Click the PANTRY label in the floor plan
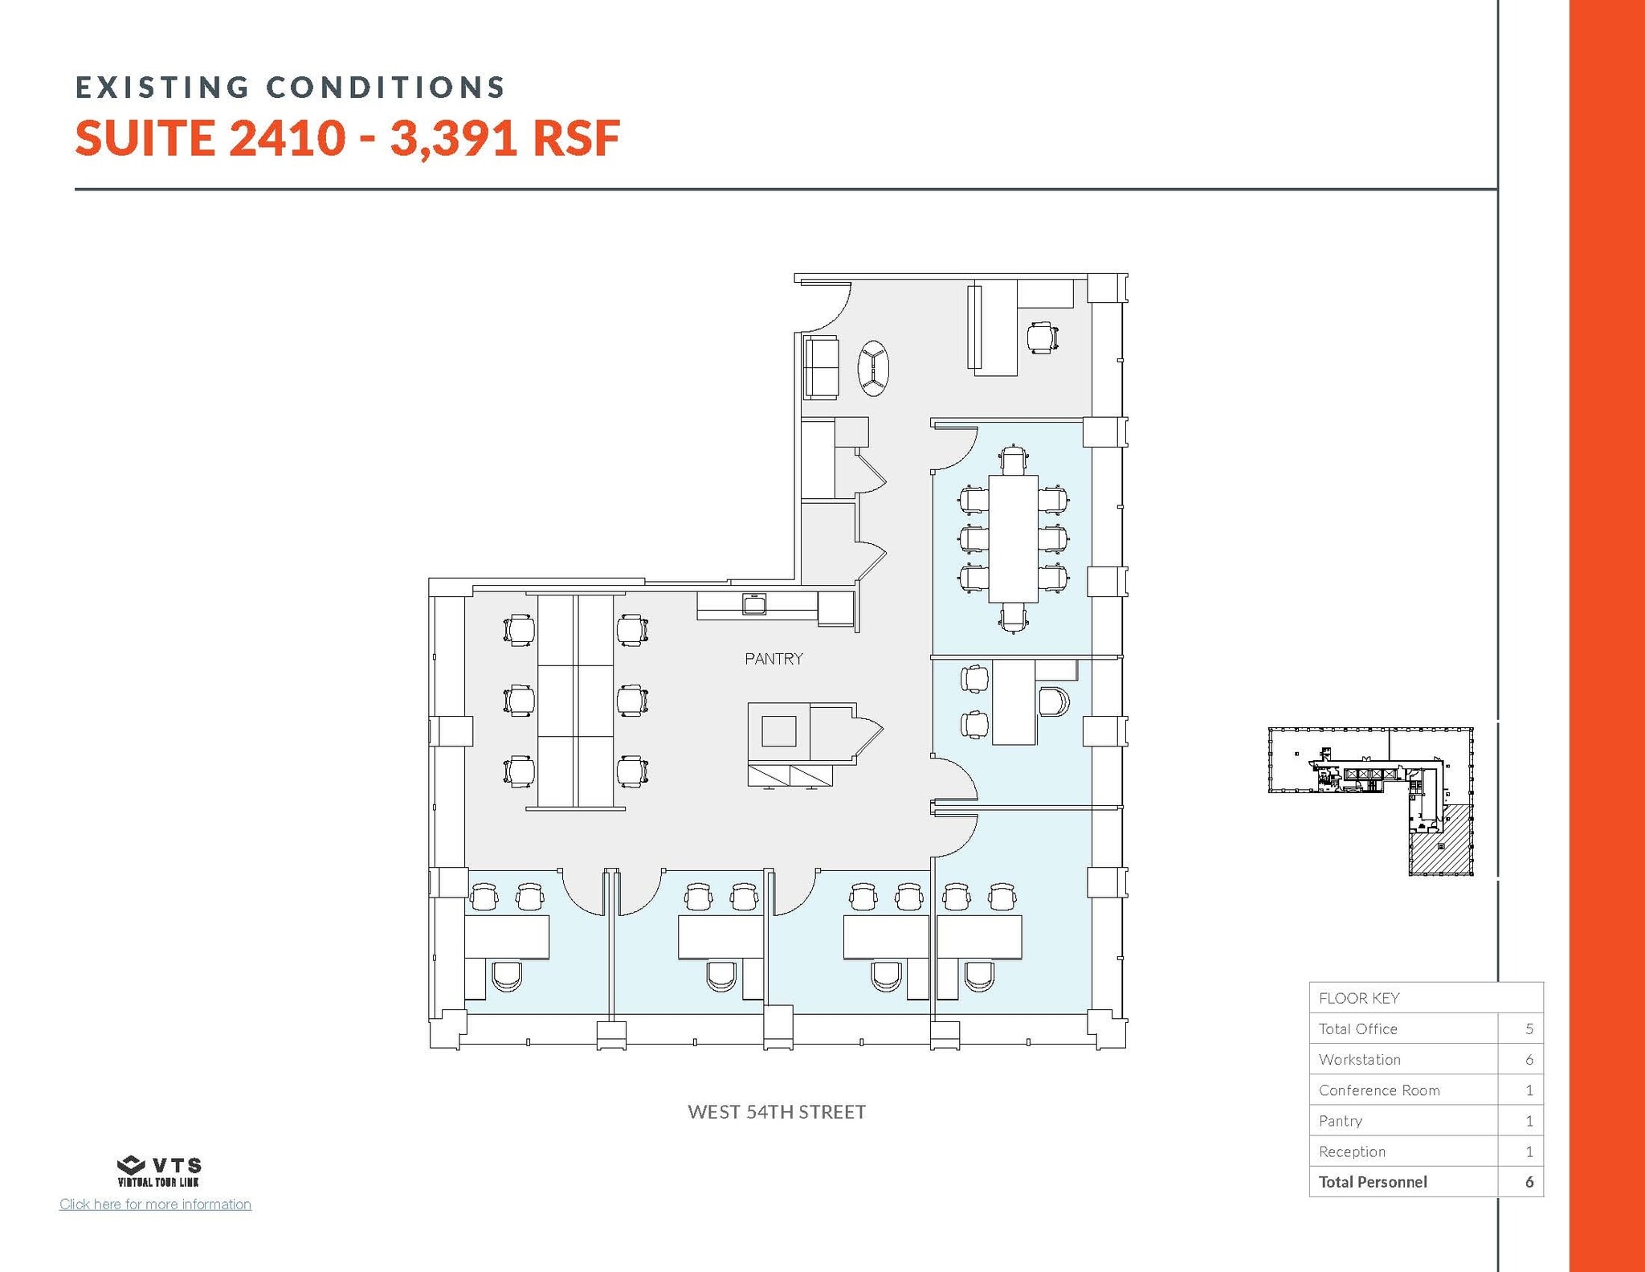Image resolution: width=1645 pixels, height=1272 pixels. [x=774, y=659]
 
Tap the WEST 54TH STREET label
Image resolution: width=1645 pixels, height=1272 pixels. [x=777, y=1112]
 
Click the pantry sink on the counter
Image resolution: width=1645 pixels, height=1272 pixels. [x=755, y=603]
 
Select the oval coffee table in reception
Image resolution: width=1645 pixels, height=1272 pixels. [x=873, y=369]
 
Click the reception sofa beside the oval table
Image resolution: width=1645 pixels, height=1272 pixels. [x=821, y=368]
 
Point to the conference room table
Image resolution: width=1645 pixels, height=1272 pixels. [x=1014, y=538]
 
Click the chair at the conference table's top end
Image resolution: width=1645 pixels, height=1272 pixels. [x=1014, y=460]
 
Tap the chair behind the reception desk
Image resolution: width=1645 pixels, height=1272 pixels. [x=1042, y=337]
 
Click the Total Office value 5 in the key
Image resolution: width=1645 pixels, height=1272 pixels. [x=1529, y=1029]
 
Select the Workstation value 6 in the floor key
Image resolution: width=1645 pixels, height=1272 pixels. [x=1529, y=1060]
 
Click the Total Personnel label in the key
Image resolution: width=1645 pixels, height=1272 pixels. [x=1373, y=1182]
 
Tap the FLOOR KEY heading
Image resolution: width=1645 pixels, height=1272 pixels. [x=1359, y=998]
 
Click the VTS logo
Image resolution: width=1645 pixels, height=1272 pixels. [x=159, y=1171]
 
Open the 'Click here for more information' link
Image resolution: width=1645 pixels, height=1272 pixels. [x=155, y=1205]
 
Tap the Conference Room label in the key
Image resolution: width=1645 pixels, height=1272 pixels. [x=1379, y=1090]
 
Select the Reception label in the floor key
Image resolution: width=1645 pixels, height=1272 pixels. [x=1352, y=1151]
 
